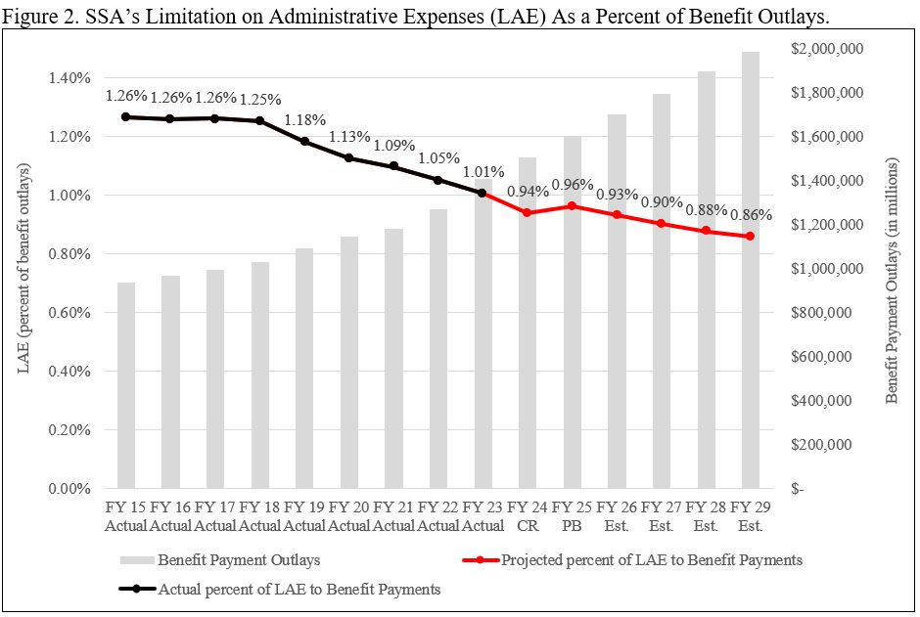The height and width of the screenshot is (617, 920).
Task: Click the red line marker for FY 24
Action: point(527,212)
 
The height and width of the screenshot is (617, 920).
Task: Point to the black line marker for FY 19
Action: point(304,141)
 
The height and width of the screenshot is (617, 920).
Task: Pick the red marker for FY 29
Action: point(751,236)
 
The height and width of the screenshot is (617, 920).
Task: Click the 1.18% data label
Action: point(304,120)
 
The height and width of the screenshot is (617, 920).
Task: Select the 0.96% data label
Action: point(573,184)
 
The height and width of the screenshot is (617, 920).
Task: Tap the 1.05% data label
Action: point(438,158)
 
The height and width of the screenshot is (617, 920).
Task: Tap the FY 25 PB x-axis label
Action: point(573,517)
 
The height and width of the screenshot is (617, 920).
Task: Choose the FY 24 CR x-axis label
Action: point(527,517)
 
